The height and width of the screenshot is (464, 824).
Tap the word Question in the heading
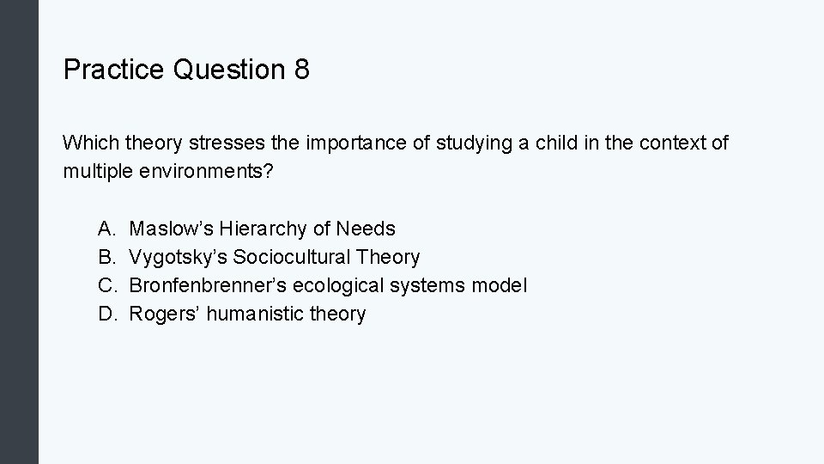click(228, 70)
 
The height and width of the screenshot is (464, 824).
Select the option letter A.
click(106, 229)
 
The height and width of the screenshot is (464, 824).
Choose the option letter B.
click(106, 257)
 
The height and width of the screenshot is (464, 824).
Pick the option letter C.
click(106, 285)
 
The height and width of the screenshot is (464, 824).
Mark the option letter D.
click(106, 314)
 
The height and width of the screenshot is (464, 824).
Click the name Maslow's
click(171, 229)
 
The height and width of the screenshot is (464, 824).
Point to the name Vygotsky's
click(178, 257)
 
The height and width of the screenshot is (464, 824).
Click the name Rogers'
click(162, 314)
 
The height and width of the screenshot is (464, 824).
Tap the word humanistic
click(251, 314)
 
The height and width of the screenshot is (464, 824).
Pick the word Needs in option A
click(366, 229)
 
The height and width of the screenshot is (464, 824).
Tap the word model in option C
click(499, 285)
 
